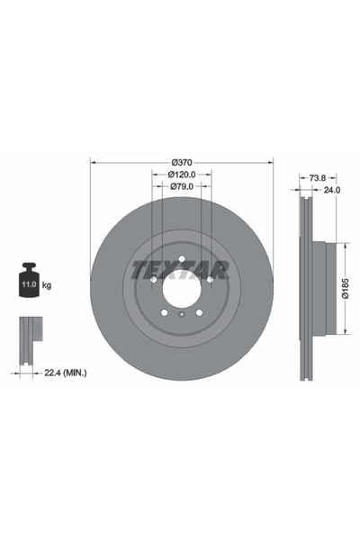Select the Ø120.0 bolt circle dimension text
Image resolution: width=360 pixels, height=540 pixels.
point(181,175)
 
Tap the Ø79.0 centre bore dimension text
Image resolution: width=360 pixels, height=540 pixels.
point(181,186)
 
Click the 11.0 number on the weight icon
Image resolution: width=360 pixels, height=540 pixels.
point(28,284)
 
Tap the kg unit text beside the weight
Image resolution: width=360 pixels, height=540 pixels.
point(47,284)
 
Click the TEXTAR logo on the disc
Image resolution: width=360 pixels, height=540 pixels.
point(181,268)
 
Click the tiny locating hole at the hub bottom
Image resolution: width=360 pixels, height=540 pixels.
point(181,314)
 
